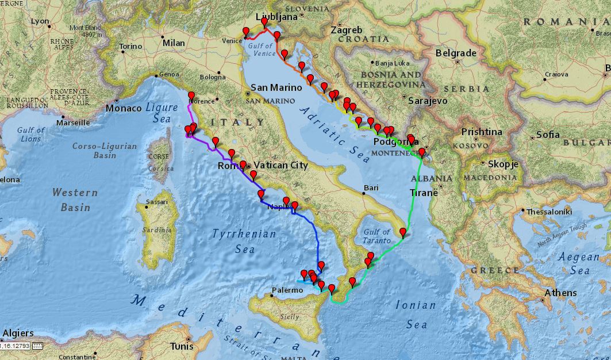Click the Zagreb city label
click(x=347, y=30)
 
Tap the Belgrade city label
click(x=456, y=53)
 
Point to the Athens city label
click(x=560, y=293)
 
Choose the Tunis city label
click(x=182, y=346)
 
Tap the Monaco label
click(x=124, y=108)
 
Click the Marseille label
click(x=73, y=122)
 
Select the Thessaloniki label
click(x=549, y=212)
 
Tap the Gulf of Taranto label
click(x=377, y=236)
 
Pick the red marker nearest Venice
click(x=246, y=32)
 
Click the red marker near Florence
click(x=191, y=97)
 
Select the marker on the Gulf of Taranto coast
click(x=403, y=233)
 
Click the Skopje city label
click(x=503, y=164)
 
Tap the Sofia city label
click(x=548, y=135)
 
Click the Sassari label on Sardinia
click(x=156, y=202)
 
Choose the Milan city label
click(x=174, y=43)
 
